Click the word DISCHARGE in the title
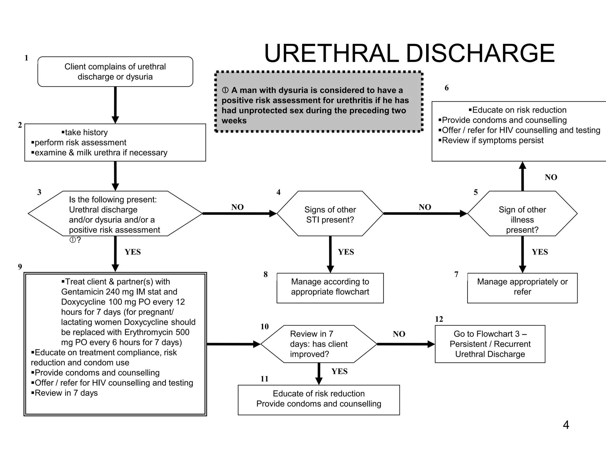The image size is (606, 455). click(x=480, y=54)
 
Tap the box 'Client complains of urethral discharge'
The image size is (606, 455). click(x=115, y=72)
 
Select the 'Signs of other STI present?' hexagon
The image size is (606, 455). click(x=330, y=214)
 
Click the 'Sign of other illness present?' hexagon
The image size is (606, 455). click(x=522, y=214)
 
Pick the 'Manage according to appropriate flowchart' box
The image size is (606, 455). click(x=330, y=287)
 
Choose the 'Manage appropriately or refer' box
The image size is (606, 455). click(x=522, y=287)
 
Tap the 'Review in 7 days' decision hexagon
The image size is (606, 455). click(x=318, y=344)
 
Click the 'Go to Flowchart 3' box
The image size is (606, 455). click(x=490, y=344)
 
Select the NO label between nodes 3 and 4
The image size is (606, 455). click(x=237, y=207)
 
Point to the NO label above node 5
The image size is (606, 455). click(x=551, y=177)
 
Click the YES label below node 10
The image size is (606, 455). click(x=339, y=371)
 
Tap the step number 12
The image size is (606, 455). click(x=439, y=319)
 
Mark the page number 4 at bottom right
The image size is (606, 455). click(x=566, y=425)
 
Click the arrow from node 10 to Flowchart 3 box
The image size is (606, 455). click(x=405, y=344)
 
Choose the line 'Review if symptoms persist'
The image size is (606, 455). click(x=492, y=140)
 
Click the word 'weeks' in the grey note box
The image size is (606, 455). click(x=234, y=121)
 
